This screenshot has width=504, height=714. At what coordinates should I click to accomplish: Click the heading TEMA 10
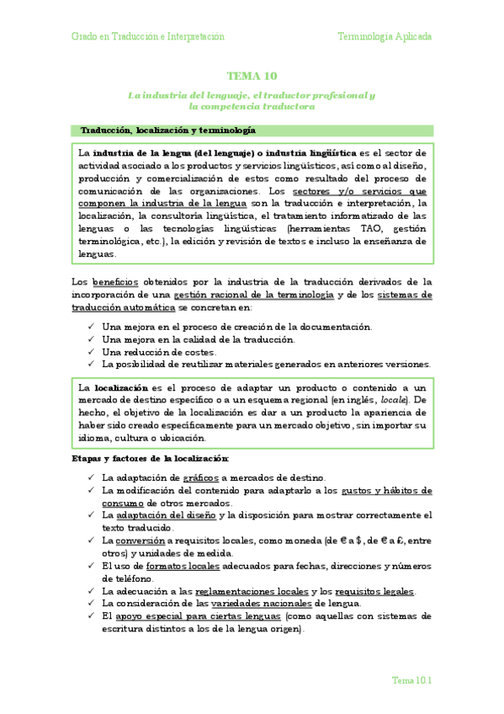coord(252,76)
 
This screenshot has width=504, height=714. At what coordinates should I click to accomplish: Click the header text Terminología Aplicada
coord(385,37)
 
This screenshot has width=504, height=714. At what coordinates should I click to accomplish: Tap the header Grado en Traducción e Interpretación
coord(148,37)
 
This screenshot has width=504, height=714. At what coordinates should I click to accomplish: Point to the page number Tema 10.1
coord(412,679)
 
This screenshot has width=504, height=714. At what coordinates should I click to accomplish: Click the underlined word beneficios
coord(116,282)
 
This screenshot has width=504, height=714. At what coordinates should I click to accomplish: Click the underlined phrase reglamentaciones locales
coord(251,591)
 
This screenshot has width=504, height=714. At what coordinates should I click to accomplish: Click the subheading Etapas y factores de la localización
coord(150,458)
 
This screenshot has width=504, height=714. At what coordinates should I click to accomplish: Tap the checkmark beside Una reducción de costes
coord(90,352)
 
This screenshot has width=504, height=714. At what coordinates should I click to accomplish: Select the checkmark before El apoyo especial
coord(90,616)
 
